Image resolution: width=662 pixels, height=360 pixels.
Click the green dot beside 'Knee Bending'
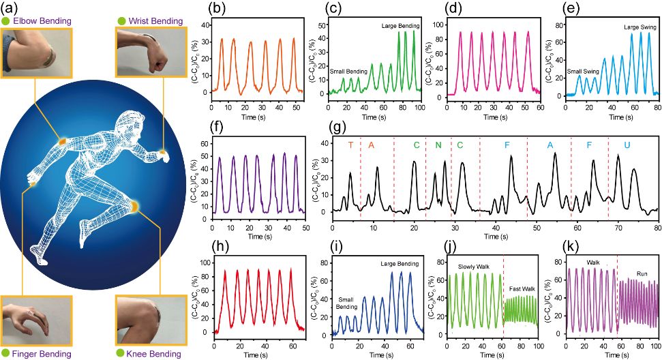point(121,354)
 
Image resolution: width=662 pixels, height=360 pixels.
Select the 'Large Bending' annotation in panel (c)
point(400,25)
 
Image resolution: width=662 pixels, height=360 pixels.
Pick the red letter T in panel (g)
point(351,145)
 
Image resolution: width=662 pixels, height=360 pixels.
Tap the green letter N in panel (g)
point(438,145)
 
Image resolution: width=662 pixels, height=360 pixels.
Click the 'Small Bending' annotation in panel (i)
point(347,301)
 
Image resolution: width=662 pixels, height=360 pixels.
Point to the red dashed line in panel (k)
point(617,293)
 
